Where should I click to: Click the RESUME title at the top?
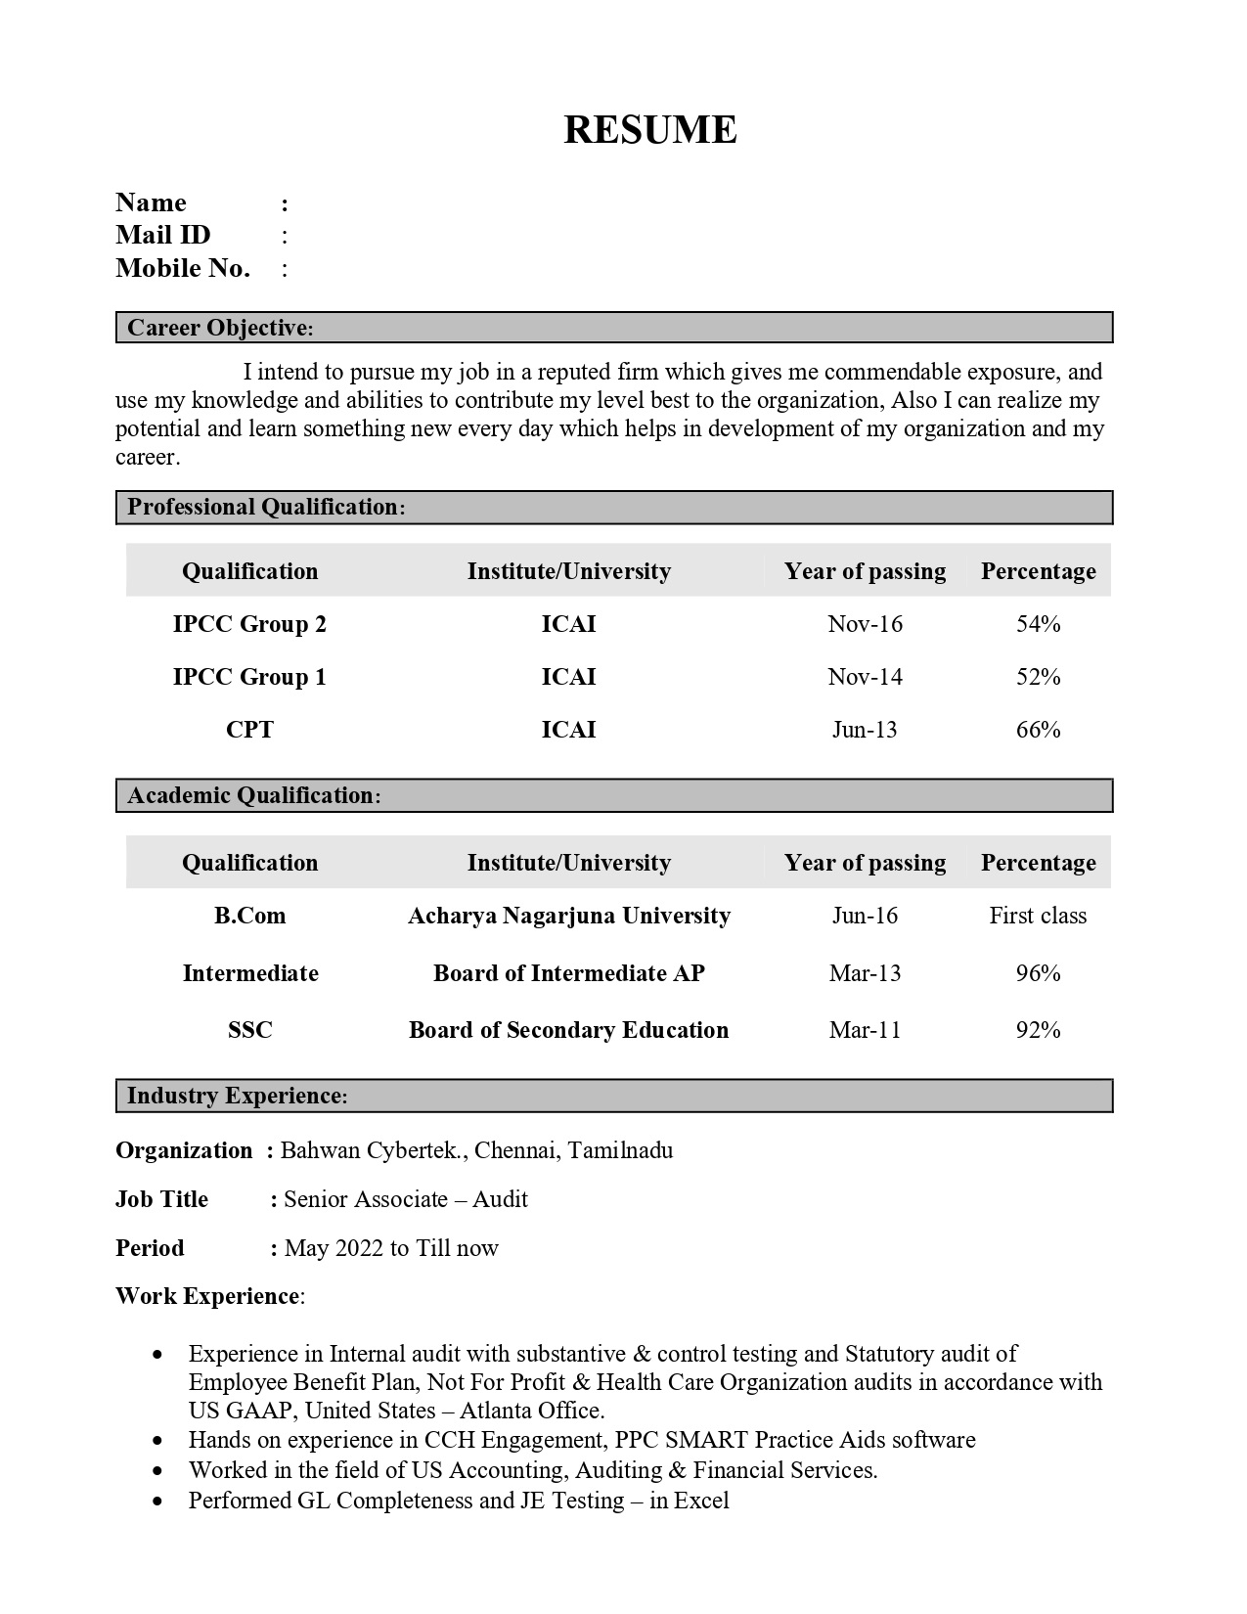point(649,130)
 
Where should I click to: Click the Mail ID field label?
point(162,235)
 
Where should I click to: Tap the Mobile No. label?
point(182,268)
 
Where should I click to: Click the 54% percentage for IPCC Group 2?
point(1038,624)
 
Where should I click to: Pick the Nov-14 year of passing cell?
point(865,677)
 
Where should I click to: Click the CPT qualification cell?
point(249,730)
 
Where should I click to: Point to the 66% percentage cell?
point(1038,730)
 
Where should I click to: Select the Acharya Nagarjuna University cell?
point(568,916)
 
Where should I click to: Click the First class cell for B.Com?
point(1038,916)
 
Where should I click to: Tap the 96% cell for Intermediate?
point(1038,973)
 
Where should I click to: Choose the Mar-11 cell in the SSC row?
point(865,1030)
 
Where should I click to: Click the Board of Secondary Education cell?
point(568,1030)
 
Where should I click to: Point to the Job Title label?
point(161,1199)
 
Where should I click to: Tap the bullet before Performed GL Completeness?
point(158,1502)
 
